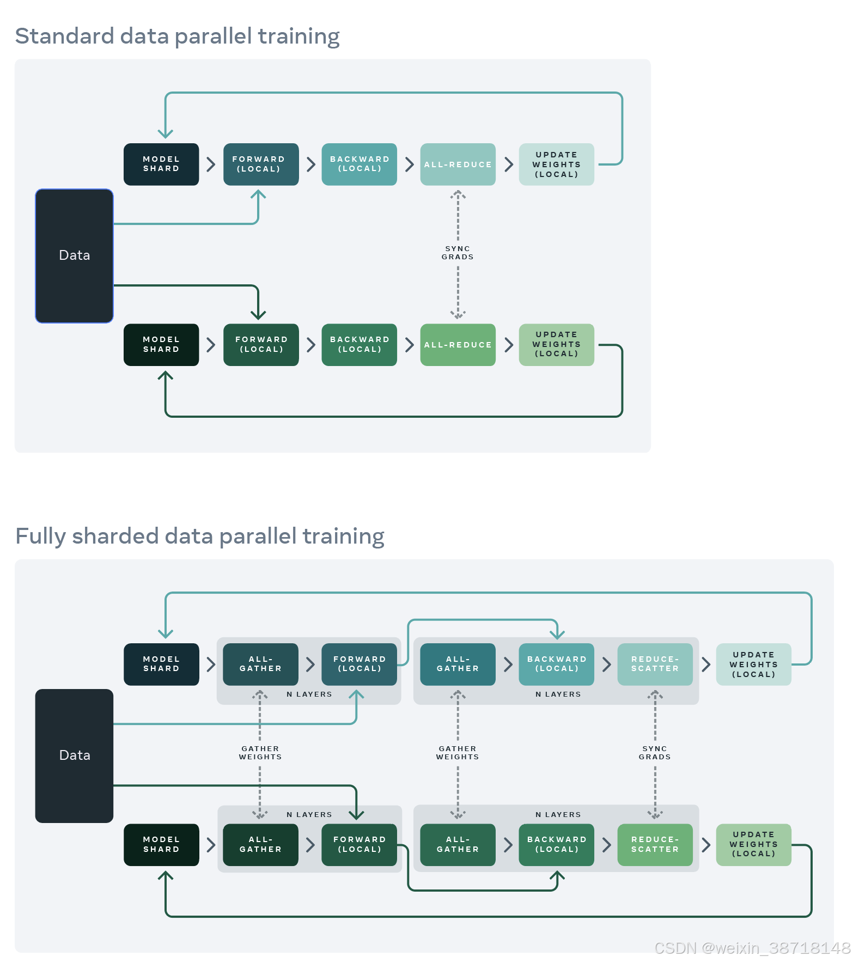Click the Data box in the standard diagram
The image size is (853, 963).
pyautogui.click(x=74, y=255)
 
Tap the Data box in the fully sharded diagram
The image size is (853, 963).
pyautogui.click(x=74, y=755)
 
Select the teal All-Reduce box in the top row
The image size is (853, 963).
pyautogui.click(x=458, y=164)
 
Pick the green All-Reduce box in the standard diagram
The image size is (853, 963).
pyautogui.click(x=458, y=345)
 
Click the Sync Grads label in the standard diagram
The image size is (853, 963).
pyautogui.click(x=458, y=253)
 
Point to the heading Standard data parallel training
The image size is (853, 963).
pyautogui.click(x=177, y=36)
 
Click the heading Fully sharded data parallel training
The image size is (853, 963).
pyautogui.click(x=199, y=537)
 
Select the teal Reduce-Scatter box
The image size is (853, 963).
pyautogui.click(x=655, y=664)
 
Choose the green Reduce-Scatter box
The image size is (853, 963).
pyautogui.click(x=655, y=844)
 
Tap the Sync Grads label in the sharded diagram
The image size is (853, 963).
pyautogui.click(x=655, y=753)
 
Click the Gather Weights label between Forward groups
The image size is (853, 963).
pyautogui.click(x=260, y=753)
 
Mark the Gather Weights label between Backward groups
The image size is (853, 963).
pyautogui.click(x=458, y=753)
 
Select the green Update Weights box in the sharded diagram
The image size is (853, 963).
pyautogui.click(x=753, y=844)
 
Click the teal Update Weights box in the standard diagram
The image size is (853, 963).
pyautogui.click(x=556, y=164)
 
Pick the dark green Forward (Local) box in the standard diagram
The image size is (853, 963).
pyautogui.click(x=261, y=345)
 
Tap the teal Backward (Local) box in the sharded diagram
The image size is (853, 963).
pyautogui.click(x=556, y=664)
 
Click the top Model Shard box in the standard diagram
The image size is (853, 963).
pyautogui.click(x=161, y=164)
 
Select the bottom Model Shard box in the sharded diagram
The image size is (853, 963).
pyautogui.click(x=161, y=844)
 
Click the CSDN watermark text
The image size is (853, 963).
pyautogui.click(x=752, y=948)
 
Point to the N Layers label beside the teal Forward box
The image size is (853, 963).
pyautogui.click(x=309, y=694)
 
